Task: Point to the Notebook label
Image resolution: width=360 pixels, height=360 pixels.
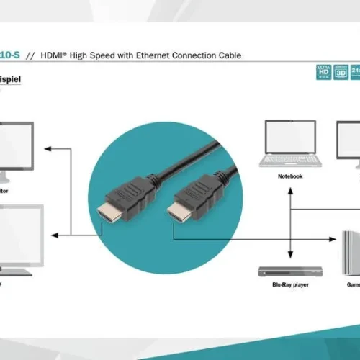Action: tap(290, 176)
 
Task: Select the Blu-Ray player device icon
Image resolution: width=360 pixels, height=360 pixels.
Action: tap(290, 271)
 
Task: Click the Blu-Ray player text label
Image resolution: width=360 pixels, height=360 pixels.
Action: tap(290, 285)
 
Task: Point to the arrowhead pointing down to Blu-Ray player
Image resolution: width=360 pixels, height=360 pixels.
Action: tap(290, 256)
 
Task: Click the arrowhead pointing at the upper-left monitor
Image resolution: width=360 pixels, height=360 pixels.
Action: tap(47, 149)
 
